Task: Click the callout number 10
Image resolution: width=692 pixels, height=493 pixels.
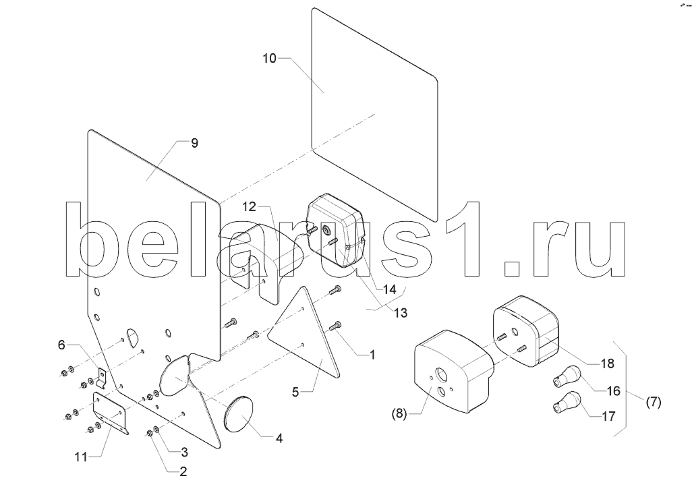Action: coord(269,59)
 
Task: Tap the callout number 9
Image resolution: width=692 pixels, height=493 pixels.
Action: coord(194,143)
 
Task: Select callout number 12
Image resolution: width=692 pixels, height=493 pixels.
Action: coord(250,206)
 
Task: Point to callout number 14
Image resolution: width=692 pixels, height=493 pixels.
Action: coord(389,289)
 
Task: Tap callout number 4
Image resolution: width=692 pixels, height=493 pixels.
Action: coord(279,438)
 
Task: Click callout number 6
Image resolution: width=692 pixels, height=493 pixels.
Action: coord(61,345)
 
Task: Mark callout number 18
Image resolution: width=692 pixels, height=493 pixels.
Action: coord(606,363)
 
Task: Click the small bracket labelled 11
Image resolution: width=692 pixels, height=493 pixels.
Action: coord(110,411)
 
